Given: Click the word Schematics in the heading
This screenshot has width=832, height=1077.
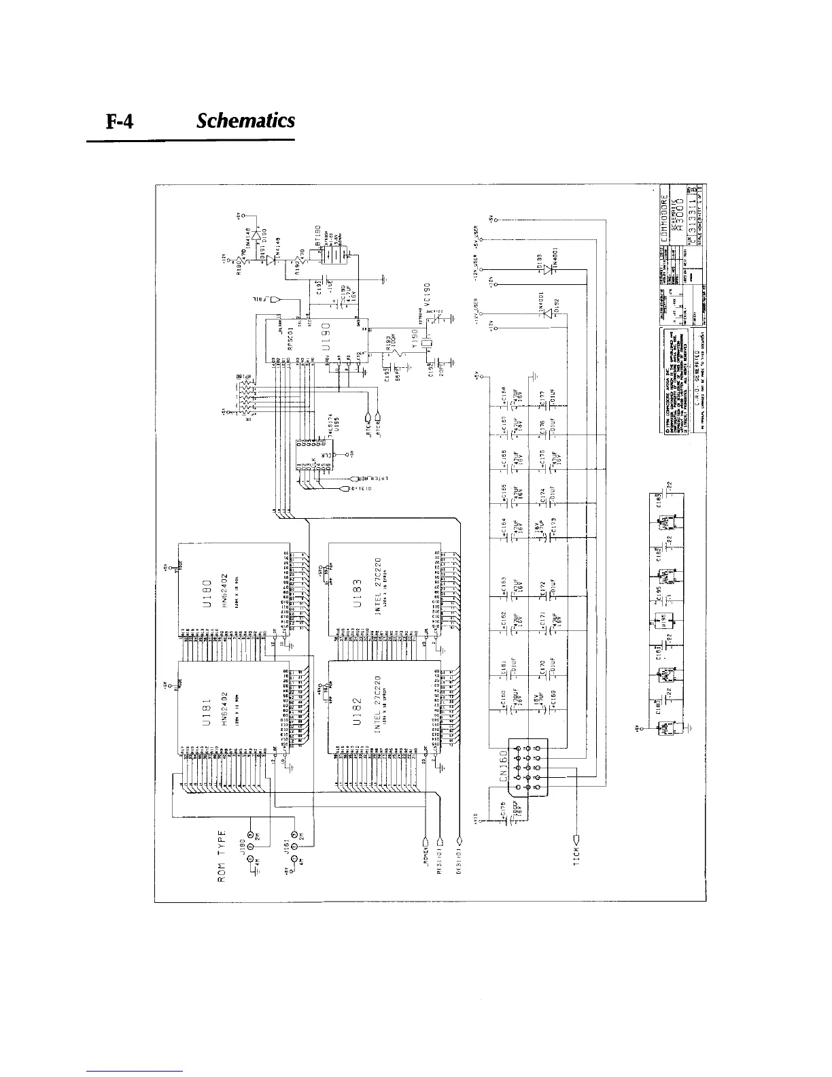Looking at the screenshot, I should point(245,121).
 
